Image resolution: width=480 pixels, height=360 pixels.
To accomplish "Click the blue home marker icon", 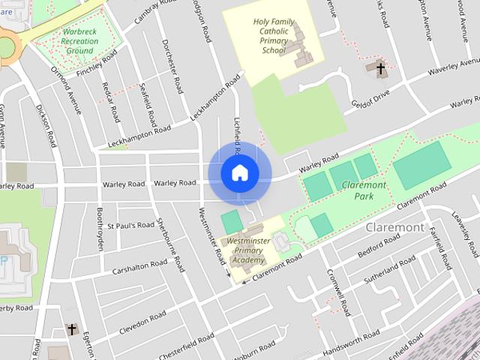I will click(239, 173).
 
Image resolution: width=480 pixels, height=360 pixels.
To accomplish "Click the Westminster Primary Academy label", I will click(248, 250).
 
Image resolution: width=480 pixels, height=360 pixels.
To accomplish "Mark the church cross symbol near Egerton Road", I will click(72, 329).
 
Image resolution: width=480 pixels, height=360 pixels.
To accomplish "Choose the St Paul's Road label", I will click(130, 225).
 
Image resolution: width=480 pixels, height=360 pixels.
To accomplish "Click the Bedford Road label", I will click(379, 247).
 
